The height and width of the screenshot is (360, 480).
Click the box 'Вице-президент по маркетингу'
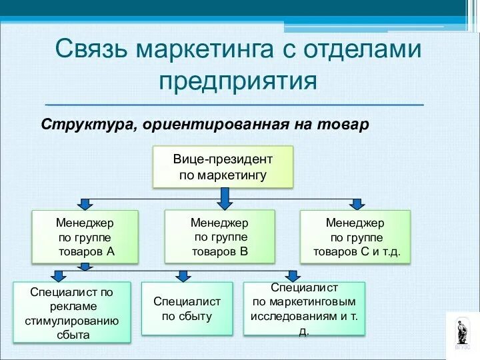click(x=223, y=167)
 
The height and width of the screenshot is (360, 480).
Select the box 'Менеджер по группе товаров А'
click(x=85, y=236)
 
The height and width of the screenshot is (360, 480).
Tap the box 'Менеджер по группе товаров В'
click(x=219, y=236)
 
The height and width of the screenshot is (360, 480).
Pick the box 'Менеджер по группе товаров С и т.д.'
click(x=355, y=237)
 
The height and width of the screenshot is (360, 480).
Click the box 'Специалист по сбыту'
click(x=187, y=308)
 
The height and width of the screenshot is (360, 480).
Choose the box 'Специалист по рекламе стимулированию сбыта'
click(x=72, y=311)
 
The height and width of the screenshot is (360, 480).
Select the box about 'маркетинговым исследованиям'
click(x=304, y=308)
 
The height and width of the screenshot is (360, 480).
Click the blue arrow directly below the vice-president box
click(x=225, y=197)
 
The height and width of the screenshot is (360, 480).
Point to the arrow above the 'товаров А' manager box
click(x=85, y=204)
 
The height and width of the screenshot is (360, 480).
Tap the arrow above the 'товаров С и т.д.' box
click(x=357, y=204)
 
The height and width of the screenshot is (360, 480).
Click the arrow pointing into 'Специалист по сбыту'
click(x=183, y=275)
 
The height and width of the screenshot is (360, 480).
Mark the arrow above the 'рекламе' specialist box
click(x=59, y=275)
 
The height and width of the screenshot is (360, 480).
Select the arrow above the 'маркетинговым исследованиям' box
click(x=292, y=275)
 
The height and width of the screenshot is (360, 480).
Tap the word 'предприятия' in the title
click(x=237, y=81)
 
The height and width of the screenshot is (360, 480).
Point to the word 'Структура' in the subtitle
click(x=87, y=125)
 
